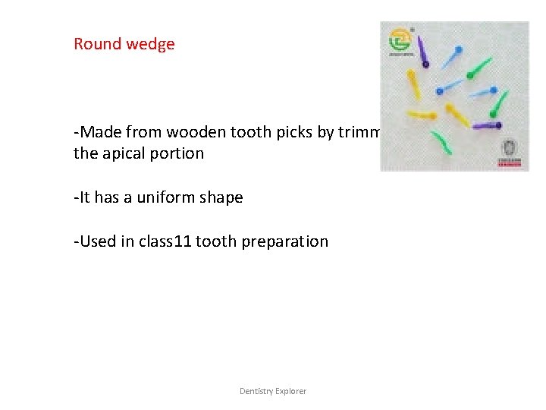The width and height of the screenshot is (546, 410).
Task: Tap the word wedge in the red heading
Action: point(152,44)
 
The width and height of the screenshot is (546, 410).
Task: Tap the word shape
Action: point(221,197)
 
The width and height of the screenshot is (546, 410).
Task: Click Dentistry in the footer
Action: point(258,391)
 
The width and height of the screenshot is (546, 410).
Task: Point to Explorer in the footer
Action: point(292,391)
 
